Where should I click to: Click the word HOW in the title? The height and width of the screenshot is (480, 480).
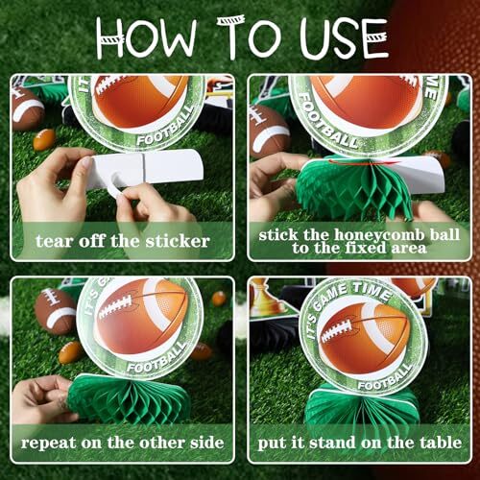[147, 39]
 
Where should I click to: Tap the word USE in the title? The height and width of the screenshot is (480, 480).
[345, 39]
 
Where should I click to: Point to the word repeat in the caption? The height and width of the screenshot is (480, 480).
[48, 444]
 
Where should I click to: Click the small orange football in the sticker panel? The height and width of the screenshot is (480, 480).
[44, 139]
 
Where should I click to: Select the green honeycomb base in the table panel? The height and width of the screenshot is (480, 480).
[362, 406]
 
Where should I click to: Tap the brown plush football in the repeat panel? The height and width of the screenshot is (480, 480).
[55, 311]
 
